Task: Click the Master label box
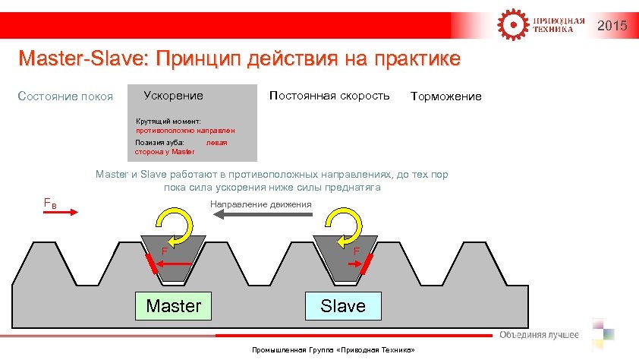173,306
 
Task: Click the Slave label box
342,306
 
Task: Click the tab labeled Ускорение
173,96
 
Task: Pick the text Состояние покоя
65,96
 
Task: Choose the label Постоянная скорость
329,96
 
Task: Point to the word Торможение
445,96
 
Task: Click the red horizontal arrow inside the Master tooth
177,263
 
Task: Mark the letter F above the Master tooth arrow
164,251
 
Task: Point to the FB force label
48,203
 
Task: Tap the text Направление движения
260,204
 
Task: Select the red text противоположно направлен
180,131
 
